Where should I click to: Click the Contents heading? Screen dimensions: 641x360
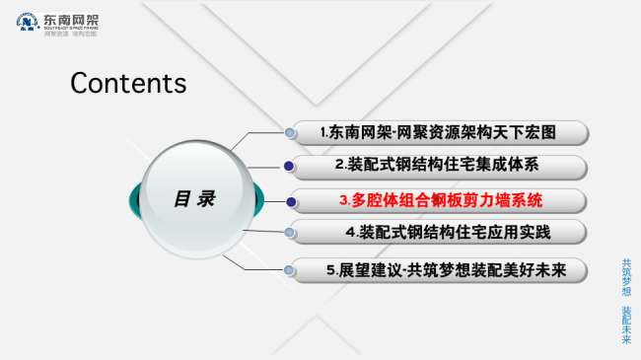click(128, 83)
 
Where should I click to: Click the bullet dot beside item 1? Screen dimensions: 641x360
click(289, 132)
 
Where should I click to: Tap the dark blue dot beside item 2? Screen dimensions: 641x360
click(288, 165)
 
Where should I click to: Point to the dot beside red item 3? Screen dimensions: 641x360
click(292, 201)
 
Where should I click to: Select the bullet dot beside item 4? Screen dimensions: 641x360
click(289, 233)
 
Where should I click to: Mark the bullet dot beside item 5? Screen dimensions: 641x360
click(288, 267)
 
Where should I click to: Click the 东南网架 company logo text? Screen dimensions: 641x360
click(73, 19)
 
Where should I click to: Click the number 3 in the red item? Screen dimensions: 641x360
click(342, 200)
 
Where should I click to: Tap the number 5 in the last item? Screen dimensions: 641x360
click(330, 269)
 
